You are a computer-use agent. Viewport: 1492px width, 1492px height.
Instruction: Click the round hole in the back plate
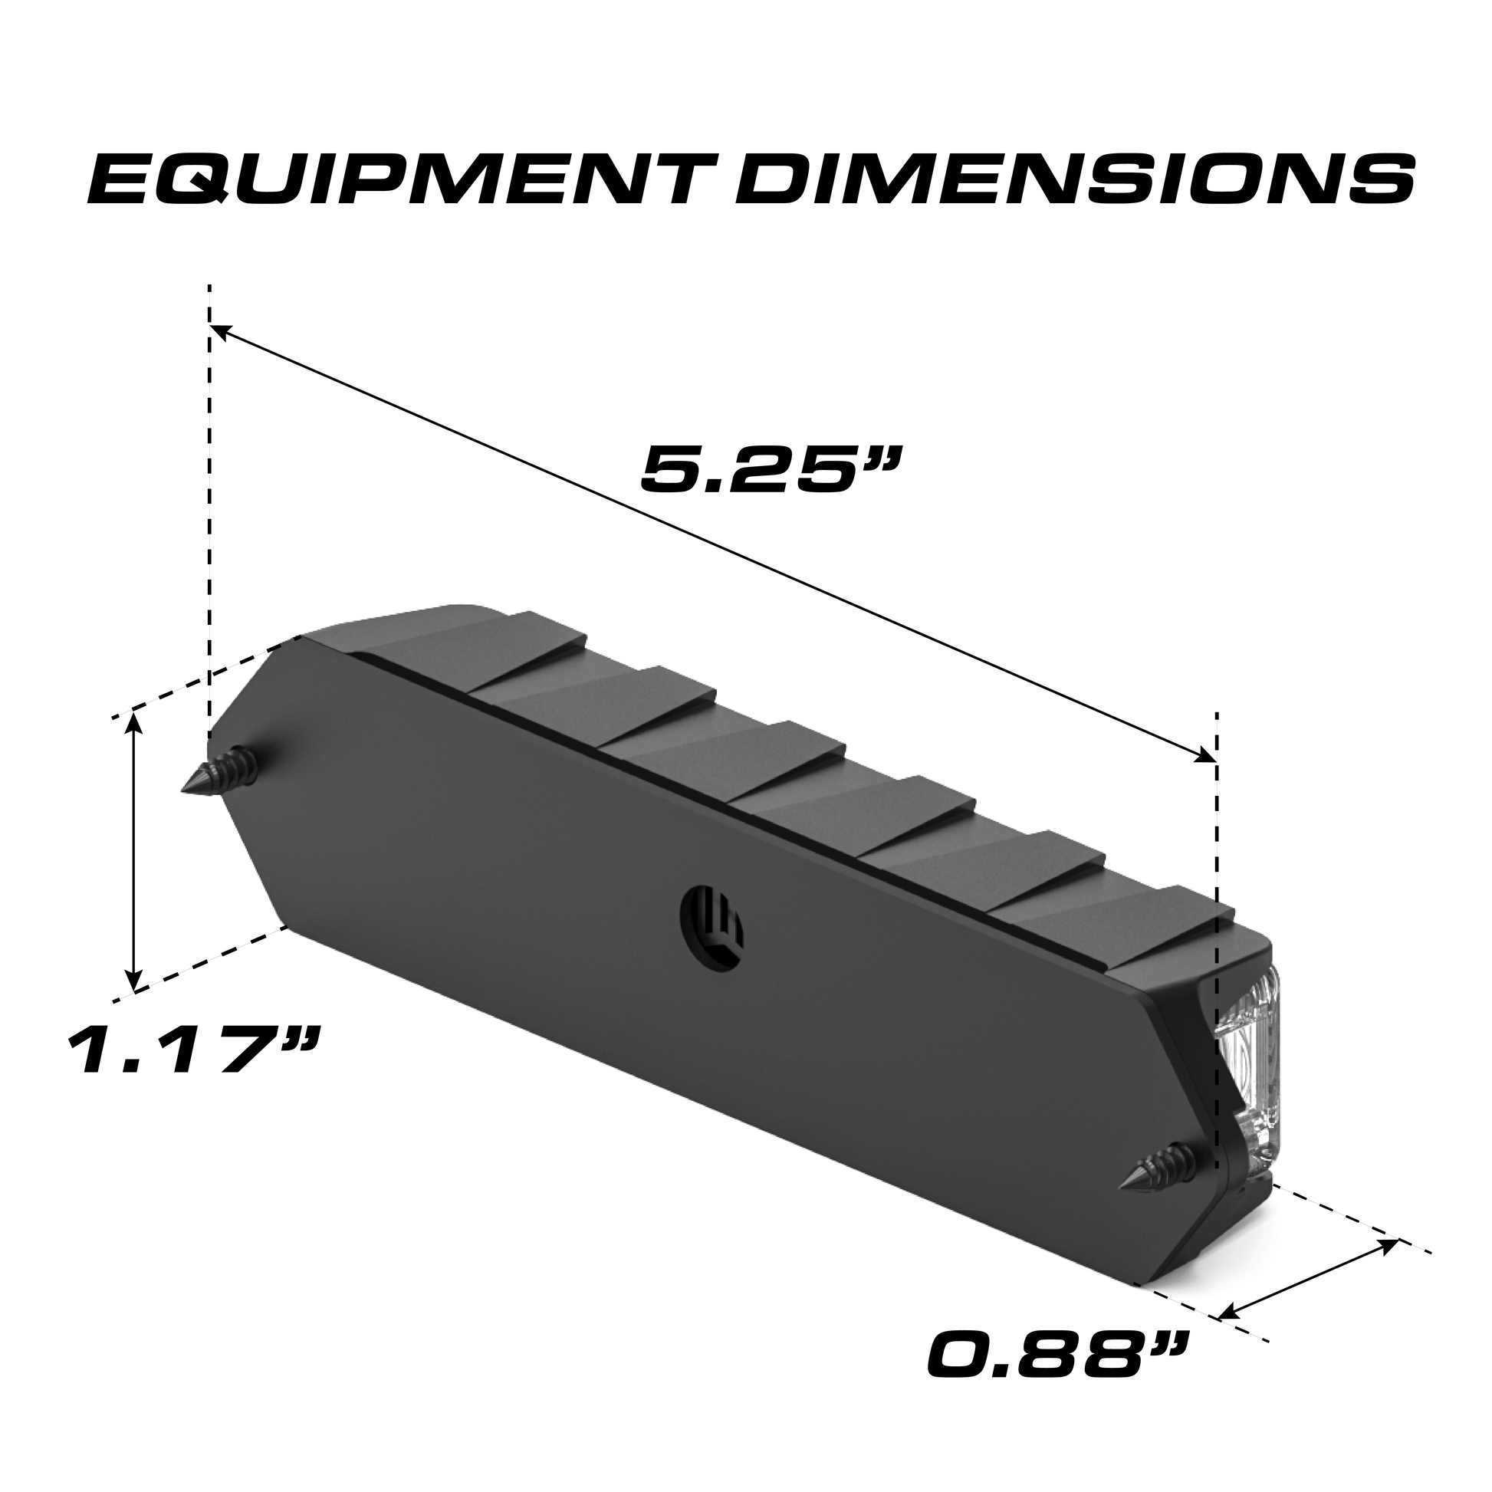point(711,917)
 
